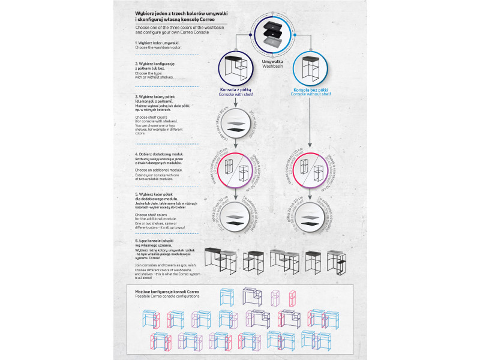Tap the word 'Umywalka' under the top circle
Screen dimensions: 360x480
click(x=272, y=61)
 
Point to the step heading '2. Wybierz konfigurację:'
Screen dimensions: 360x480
click(x=155, y=63)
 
